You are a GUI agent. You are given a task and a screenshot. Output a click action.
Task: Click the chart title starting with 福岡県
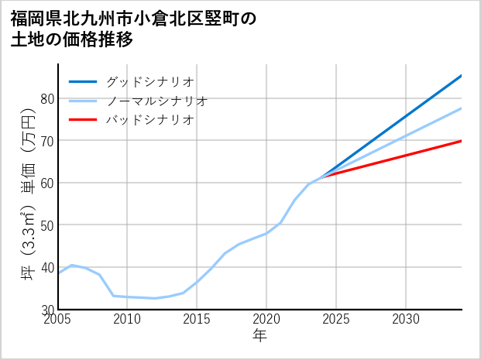(132, 28)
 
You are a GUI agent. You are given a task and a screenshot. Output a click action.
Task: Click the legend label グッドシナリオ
(149, 81)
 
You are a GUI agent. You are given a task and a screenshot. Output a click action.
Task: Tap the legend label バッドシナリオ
(149, 120)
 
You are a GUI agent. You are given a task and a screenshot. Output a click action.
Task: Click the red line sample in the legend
(83, 120)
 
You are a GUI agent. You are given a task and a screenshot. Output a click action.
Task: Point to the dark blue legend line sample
(83, 81)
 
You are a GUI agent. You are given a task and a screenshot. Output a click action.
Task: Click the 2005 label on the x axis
(58, 319)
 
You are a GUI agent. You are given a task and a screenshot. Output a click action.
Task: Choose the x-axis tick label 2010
(128, 319)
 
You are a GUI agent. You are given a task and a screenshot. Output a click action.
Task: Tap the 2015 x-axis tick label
(198, 319)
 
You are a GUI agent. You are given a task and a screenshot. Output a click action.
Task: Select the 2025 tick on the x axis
(336, 319)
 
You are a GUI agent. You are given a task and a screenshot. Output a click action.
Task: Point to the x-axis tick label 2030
(406, 319)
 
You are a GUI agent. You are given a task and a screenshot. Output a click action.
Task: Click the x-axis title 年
(260, 335)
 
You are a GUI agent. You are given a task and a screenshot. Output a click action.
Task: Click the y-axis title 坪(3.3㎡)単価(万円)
(28, 194)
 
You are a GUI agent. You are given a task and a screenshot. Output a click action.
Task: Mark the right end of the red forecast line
(461, 141)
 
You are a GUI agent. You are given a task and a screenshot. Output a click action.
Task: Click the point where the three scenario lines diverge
(322, 177)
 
